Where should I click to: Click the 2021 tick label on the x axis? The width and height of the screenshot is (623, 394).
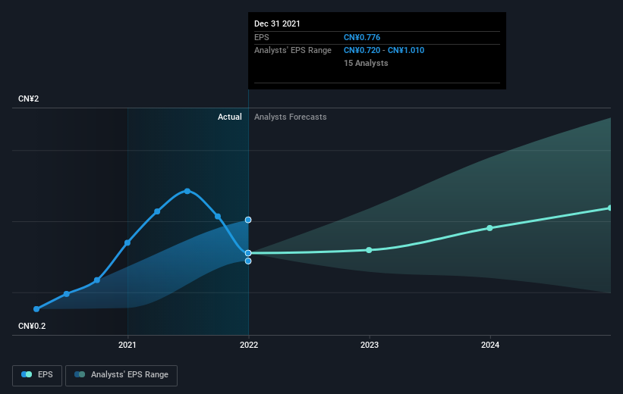click(x=127, y=346)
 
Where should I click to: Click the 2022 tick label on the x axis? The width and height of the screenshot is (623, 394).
click(x=248, y=346)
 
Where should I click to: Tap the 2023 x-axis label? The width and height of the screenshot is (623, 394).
click(x=370, y=346)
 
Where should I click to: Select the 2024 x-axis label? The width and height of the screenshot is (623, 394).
click(x=490, y=346)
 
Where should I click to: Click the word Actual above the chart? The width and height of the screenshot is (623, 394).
click(x=229, y=117)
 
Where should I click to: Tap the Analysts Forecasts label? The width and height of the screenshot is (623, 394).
click(x=291, y=117)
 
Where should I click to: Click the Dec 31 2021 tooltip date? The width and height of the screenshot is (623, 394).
click(x=278, y=23)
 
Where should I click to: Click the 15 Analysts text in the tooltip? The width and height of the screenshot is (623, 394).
click(x=366, y=63)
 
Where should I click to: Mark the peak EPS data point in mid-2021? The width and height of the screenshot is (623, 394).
click(x=187, y=191)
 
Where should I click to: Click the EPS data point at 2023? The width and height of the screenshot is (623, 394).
click(x=370, y=250)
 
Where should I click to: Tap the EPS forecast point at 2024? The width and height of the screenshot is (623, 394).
click(x=490, y=228)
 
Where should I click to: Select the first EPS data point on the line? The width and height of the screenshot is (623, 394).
click(x=36, y=309)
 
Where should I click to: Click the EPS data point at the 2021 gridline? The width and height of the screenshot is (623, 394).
click(x=127, y=242)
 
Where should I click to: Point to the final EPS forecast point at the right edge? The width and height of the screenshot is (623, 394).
click(x=610, y=208)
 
